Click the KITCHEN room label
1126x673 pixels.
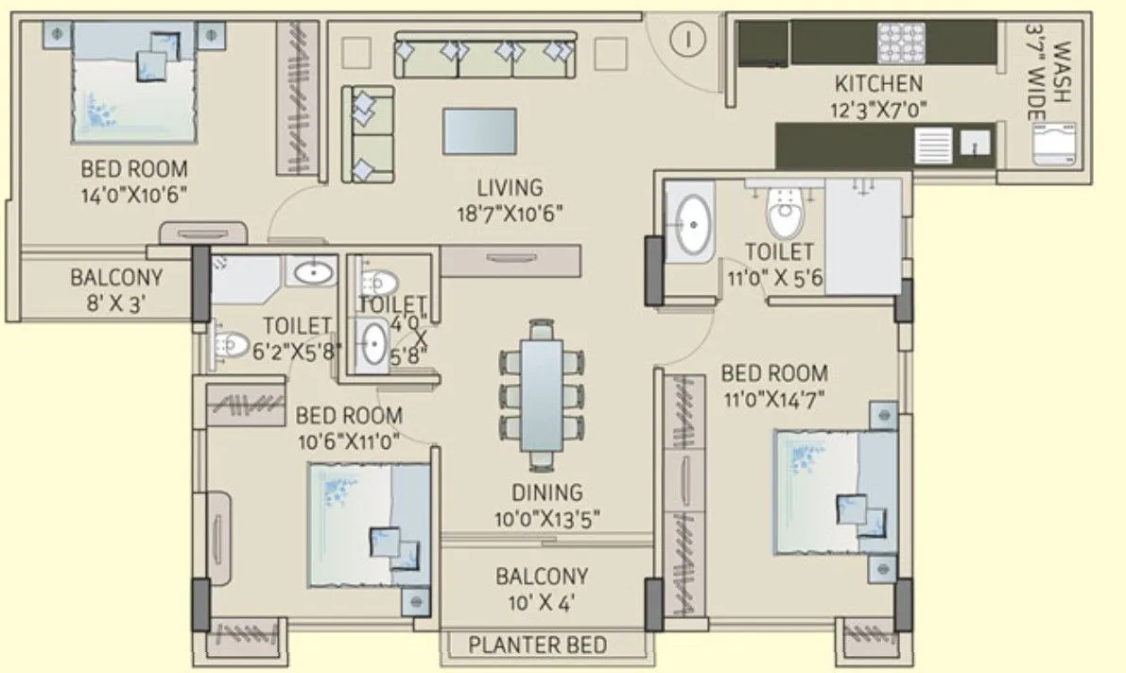tap(877, 83)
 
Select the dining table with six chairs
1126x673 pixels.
tap(542, 395)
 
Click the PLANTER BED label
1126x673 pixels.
tap(538, 646)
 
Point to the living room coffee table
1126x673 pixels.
tap(479, 131)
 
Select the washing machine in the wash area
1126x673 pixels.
tap(1053, 145)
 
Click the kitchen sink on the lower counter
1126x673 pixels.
tap(975, 144)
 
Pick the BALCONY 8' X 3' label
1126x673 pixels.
tap(116, 292)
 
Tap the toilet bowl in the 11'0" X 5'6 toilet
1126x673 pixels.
tap(783, 214)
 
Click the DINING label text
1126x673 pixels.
tap(547, 492)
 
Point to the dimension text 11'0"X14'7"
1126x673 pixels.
tap(774, 398)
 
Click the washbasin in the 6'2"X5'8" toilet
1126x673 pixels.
tap(313, 273)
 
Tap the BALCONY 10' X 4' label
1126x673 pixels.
tap(542, 588)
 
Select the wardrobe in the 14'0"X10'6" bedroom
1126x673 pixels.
tap(296, 96)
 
